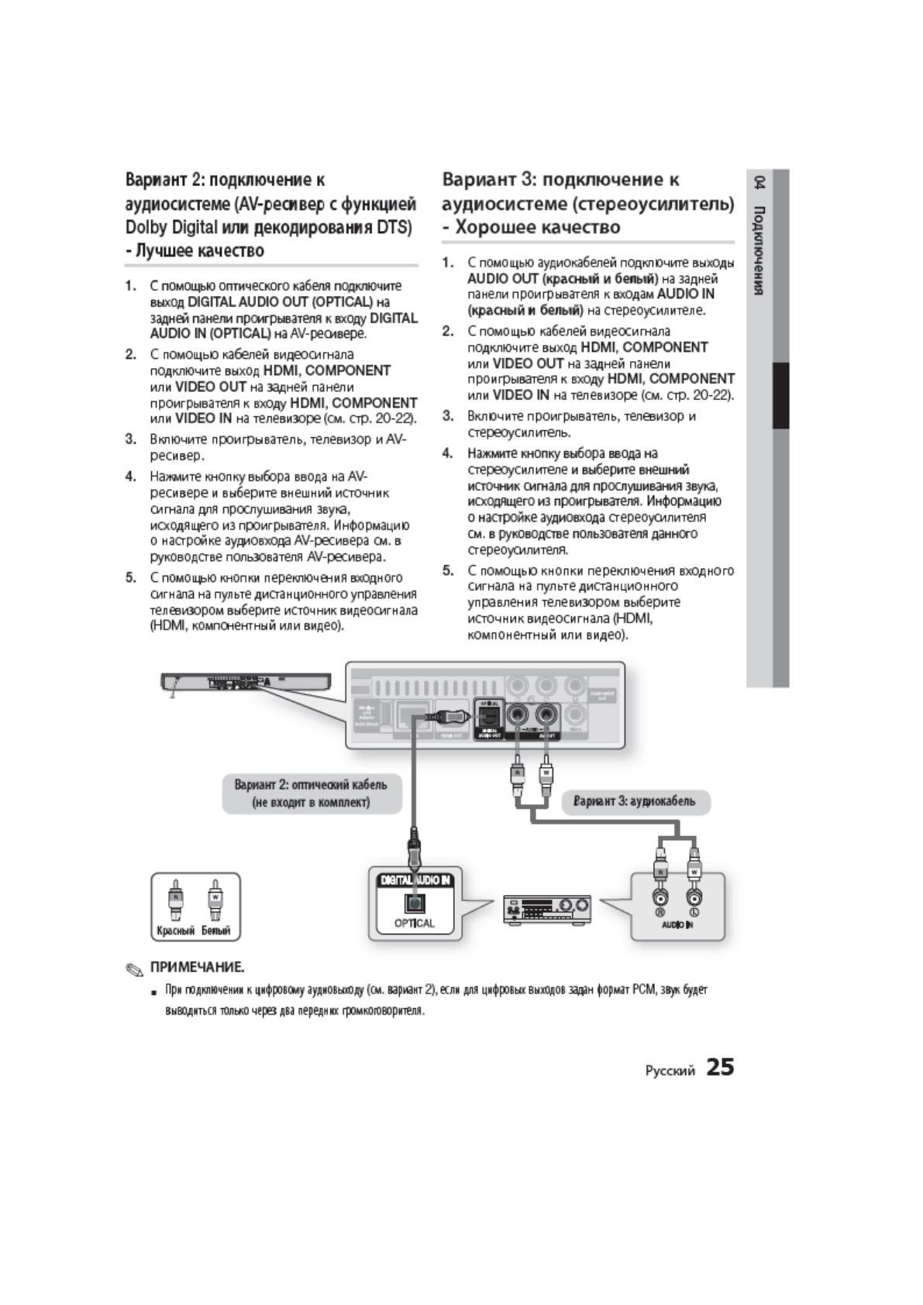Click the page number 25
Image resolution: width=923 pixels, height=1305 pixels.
[x=719, y=1067]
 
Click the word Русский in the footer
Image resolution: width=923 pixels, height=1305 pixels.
[x=670, y=1070]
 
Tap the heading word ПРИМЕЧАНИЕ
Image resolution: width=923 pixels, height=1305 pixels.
[x=197, y=967]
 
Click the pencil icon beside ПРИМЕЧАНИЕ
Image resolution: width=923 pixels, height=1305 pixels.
[x=136, y=969]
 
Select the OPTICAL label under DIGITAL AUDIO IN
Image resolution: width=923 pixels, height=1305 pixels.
[x=414, y=923]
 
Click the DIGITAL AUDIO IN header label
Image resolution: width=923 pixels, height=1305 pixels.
[x=415, y=880]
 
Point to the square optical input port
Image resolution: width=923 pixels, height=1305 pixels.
[x=414, y=903]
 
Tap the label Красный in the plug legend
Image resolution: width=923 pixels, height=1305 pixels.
[x=176, y=931]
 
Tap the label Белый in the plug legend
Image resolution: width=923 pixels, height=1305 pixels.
[x=216, y=931]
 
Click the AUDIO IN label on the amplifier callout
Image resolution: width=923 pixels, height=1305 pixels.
[x=677, y=925]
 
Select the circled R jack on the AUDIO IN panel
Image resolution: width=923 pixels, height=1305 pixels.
[x=660, y=897]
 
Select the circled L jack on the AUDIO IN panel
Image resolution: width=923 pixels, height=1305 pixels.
[x=694, y=897]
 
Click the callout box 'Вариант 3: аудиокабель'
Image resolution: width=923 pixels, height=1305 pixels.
[x=635, y=801]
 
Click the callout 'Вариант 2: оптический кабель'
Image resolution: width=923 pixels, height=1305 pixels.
[x=312, y=793]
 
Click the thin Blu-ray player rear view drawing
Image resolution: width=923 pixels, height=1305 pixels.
[x=245, y=682]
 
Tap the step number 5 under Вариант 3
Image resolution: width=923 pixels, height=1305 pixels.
[x=448, y=571]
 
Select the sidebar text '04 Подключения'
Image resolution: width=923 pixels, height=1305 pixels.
[x=760, y=236]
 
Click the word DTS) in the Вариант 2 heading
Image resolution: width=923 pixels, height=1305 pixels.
[x=395, y=228]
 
